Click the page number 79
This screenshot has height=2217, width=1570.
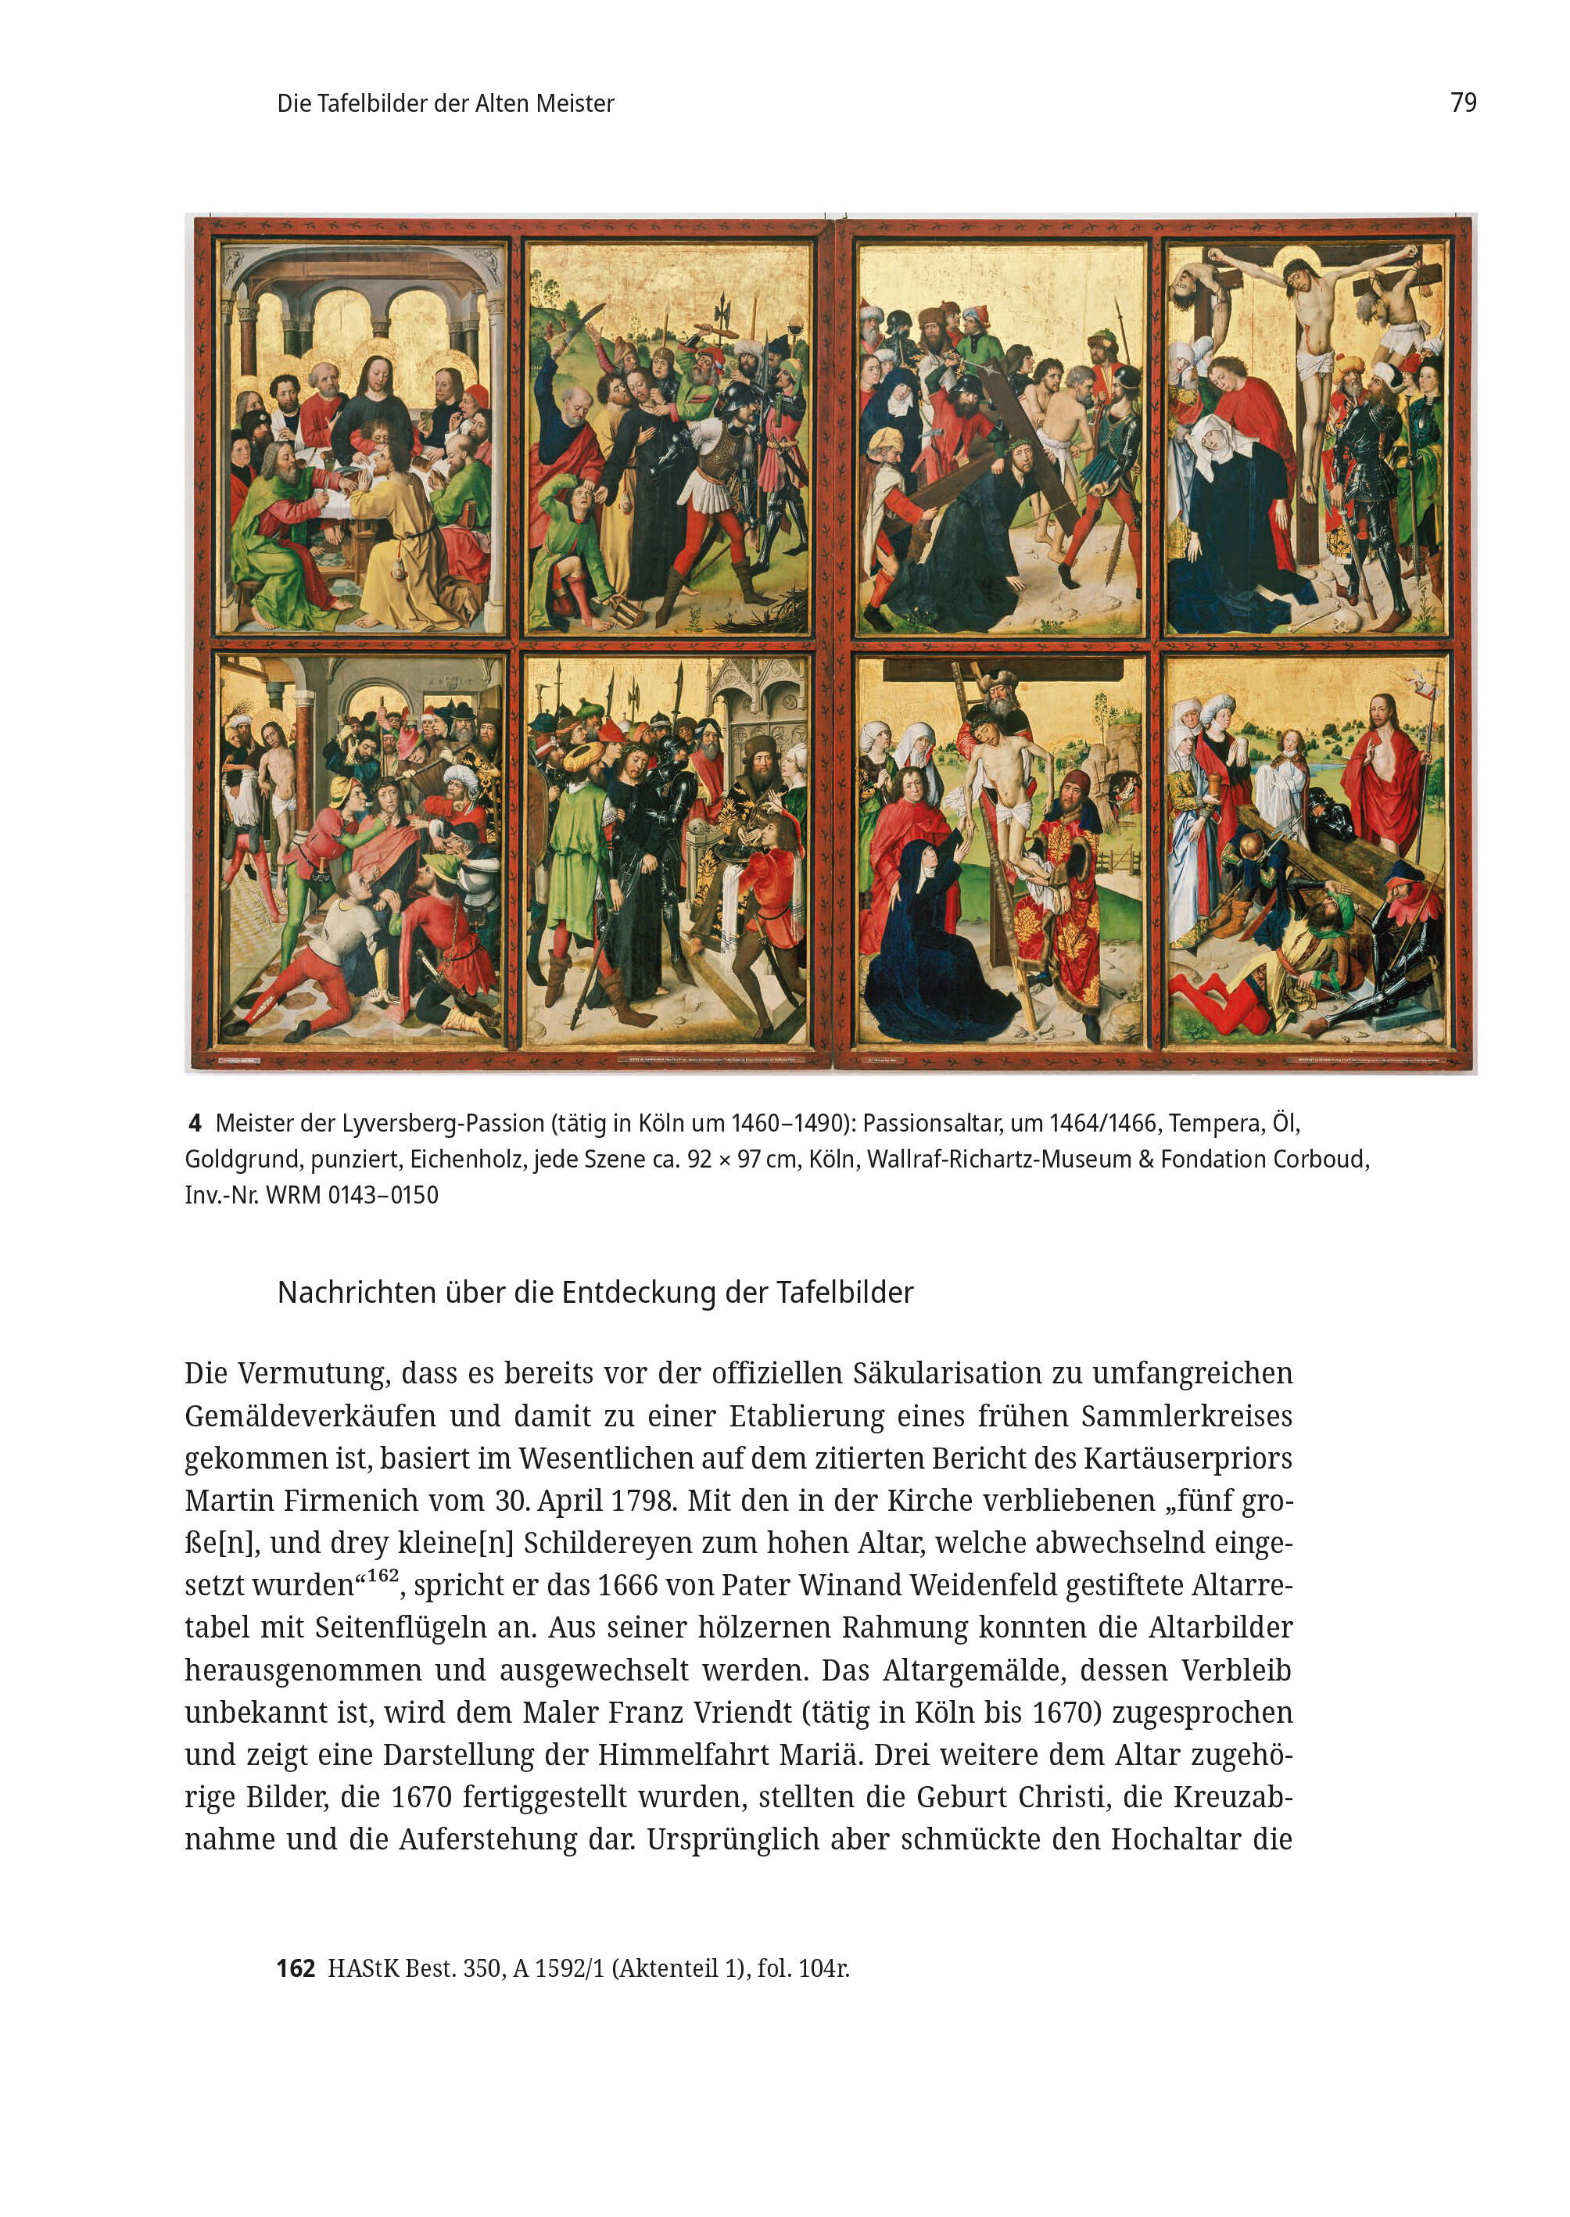pos(1463,102)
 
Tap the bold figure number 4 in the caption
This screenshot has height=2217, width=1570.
pos(195,1124)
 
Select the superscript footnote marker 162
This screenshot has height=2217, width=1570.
pos(383,1575)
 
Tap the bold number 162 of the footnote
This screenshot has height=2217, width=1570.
pos(296,1968)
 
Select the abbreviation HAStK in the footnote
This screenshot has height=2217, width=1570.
pos(363,1968)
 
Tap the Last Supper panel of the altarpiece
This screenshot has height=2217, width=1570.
pos(360,437)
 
